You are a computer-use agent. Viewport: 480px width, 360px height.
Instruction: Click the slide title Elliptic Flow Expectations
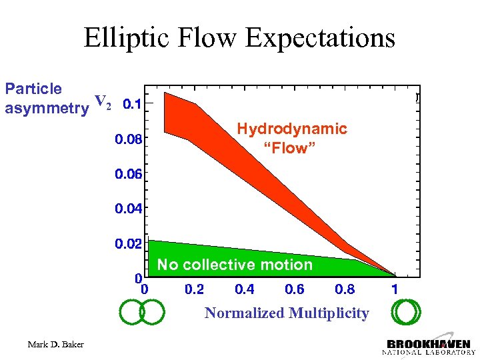coord(239,38)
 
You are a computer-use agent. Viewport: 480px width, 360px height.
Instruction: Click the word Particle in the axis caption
coord(33,89)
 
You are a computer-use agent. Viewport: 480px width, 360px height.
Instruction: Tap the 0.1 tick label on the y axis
coord(133,104)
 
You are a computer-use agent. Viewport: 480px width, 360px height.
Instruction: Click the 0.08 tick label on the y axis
coord(128,139)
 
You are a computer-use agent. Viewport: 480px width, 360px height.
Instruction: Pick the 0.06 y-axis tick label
coord(128,174)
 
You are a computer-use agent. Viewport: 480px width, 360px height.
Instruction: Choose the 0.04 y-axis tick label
coord(128,209)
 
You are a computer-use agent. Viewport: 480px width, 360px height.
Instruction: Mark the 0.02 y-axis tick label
coord(128,244)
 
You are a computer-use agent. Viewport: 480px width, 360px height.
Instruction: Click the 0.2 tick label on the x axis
coord(195,289)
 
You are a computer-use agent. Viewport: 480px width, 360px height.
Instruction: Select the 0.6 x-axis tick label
coord(294,289)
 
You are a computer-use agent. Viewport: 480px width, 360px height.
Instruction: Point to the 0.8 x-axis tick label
coord(345,289)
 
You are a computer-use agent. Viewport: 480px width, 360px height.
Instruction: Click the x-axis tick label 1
coord(395,289)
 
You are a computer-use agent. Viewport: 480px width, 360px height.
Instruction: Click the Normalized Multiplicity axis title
coord(287,313)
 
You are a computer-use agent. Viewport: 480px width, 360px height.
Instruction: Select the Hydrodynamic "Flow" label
coord(292,138)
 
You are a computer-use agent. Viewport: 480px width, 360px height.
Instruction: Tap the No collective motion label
coord(235,265)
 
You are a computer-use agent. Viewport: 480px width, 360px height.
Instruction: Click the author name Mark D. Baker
coord(56,344)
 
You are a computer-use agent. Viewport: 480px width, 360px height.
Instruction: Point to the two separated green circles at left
coord(142,312)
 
